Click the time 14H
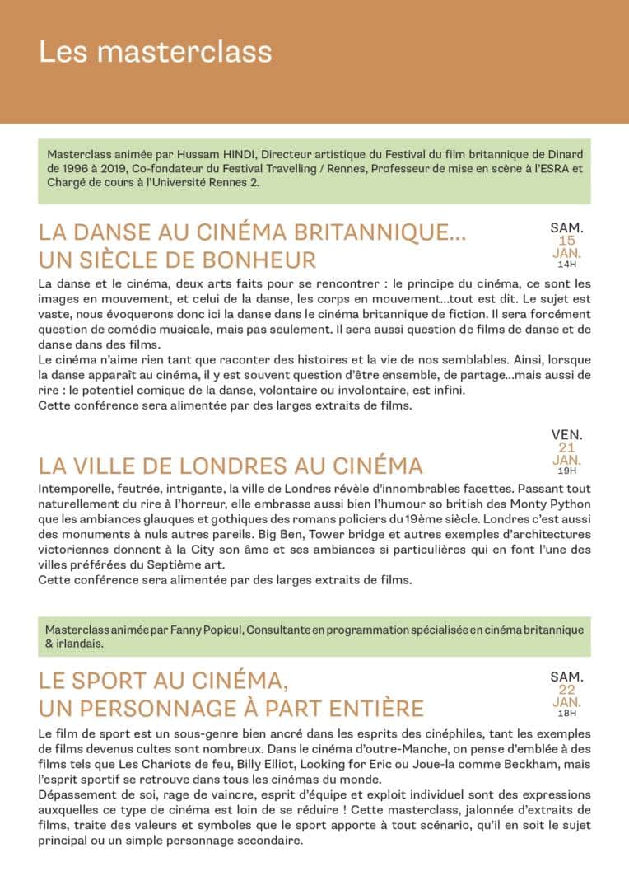click(566, 265)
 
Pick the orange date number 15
click(566, 240)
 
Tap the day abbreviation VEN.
click(566, 434)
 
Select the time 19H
click(566, 472)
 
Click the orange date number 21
click(566, 447)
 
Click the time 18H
click(566, 714)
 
